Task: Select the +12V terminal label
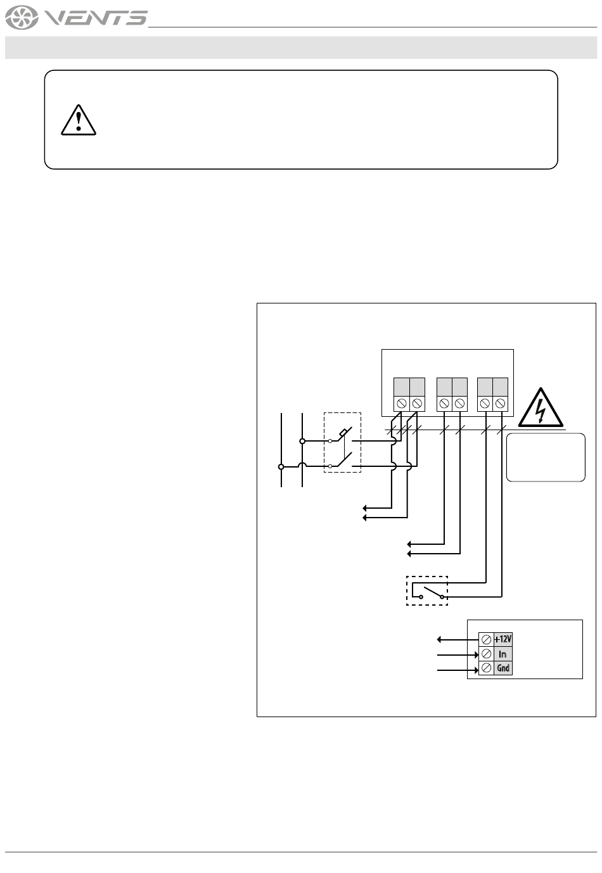(x=503, y=639)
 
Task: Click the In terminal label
(x=503, y=654)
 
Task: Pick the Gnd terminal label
(x=503, y=668)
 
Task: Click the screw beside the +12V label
(x=486, y=639)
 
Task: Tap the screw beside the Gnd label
(x=486, y=668)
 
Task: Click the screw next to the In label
(x=486, y=654)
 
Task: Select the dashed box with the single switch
(x=427, y=590)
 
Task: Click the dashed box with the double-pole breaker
(x=342, y=442)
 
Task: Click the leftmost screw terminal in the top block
(x=401, y=403)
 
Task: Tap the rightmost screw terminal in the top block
(x=500, y=403)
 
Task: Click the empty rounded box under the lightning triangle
(x=546, y=457)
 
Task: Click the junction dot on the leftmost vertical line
(x=281, y=466)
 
